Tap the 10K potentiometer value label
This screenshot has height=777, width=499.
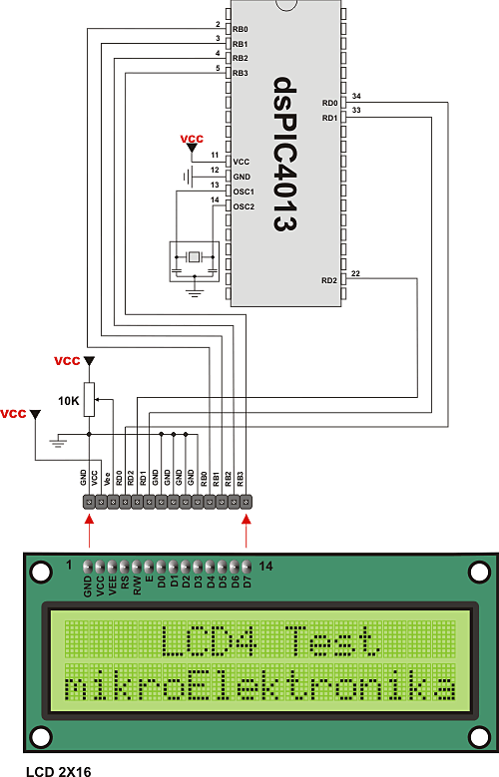tap(68, 400)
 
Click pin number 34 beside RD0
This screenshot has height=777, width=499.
tap(356, 96)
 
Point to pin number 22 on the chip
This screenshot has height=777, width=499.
tap(356, 273)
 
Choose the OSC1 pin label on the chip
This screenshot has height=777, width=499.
tap(244, 191)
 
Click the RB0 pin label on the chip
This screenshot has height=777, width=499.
tap(240, 30)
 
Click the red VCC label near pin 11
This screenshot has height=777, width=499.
tap(192, 138)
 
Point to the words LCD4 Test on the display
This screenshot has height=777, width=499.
tap(269, 638)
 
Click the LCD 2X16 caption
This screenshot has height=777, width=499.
tap(49, 769)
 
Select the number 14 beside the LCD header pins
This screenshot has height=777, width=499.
tap(264, 566)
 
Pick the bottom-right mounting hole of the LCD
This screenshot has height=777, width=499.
tap(476, 737)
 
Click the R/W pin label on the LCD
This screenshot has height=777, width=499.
tap(137, 584)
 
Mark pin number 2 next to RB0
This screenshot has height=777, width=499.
tap(218, 25)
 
